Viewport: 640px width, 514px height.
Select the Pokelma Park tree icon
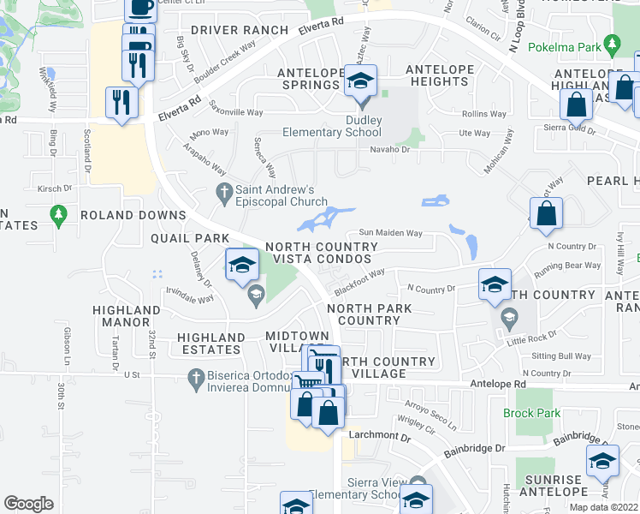611,42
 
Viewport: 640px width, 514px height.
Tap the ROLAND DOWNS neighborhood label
133,215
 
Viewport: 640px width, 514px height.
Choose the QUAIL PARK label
190,237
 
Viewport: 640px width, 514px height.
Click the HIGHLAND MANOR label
121,317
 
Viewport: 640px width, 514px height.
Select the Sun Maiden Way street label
390,232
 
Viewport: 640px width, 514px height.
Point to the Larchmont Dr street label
374,436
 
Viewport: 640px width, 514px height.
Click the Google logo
28,504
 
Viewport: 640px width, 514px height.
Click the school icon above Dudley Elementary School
360,82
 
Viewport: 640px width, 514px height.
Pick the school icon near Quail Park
241,265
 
